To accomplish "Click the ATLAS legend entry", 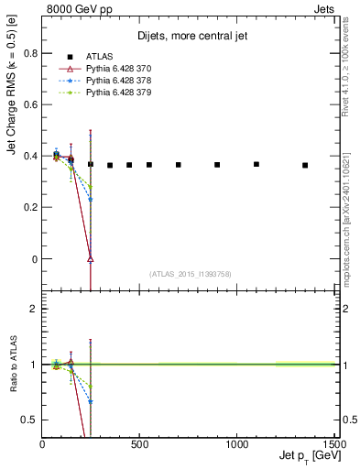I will (x=96, y=57).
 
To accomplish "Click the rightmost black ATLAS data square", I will (x=305, y=165).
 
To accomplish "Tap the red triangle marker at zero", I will (x=90, y=258).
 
